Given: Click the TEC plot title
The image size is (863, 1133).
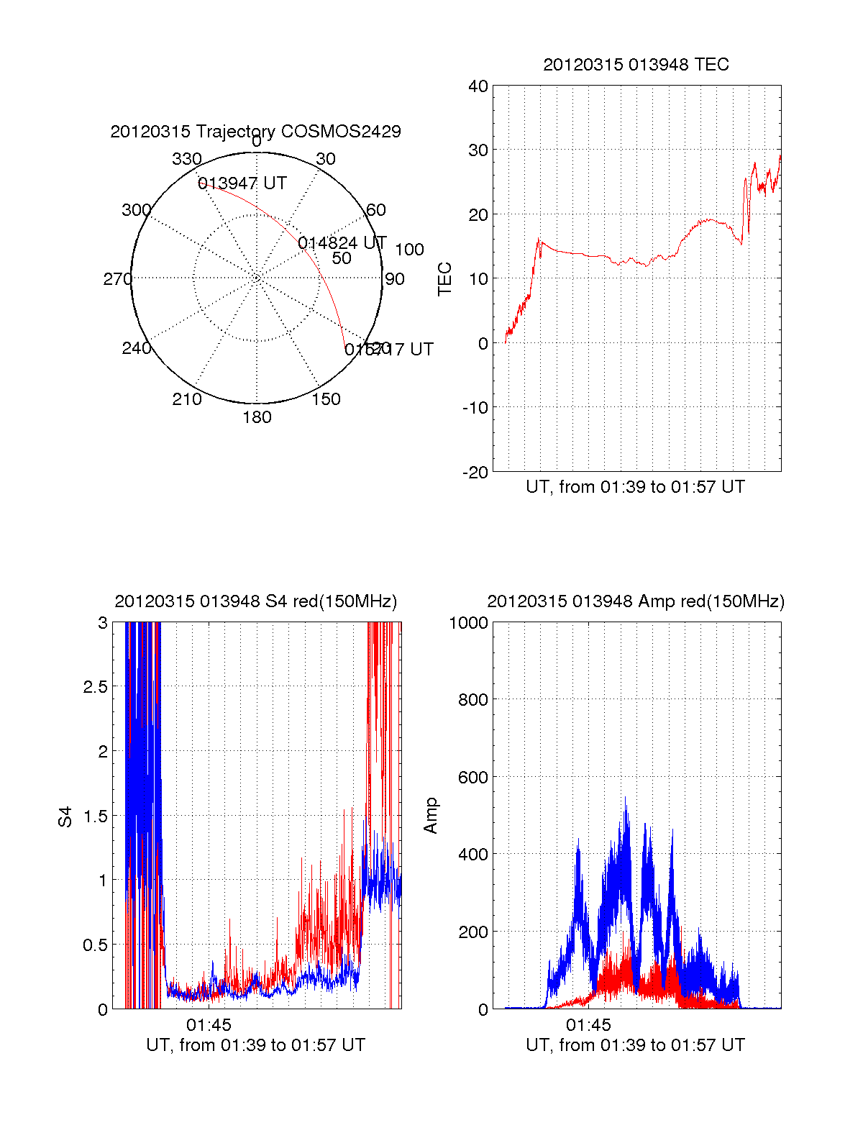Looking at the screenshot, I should click(636, 65).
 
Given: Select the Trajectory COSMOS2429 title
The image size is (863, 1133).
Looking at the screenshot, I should click(255, 132).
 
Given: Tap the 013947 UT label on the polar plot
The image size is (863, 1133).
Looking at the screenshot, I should click(242, 183).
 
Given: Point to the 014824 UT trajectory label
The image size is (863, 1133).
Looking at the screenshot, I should click(342, 243).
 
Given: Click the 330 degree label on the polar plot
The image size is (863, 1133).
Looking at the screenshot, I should click(187, 159).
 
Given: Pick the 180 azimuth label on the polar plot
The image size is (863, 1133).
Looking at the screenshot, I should click(257, 417).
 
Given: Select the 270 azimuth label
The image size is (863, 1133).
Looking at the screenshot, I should click(118, 279).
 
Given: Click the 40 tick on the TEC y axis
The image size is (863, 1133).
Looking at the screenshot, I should click(478, 86).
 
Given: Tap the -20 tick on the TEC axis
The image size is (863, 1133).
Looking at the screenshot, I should click(475, 472).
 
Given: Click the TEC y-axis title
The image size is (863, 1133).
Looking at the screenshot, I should click(445, 279).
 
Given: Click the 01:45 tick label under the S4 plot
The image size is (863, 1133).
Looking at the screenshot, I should click(209, 1024).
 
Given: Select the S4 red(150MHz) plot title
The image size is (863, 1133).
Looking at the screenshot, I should click(255, 601).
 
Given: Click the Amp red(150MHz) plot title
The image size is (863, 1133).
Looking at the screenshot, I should click(636, 601).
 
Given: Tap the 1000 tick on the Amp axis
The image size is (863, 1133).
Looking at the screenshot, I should click(469, 623).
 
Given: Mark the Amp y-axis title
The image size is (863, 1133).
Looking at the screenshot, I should click(431, 816).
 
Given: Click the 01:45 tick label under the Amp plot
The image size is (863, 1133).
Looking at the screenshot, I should click(588, 1024).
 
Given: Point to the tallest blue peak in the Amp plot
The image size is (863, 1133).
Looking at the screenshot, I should click(626, 798).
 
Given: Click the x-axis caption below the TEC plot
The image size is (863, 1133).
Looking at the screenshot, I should click(636, 487).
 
